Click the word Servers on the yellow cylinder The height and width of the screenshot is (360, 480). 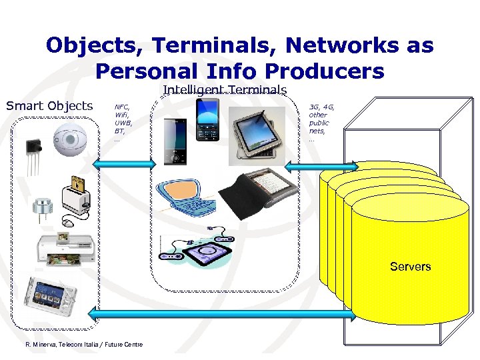click(x=410, y=267)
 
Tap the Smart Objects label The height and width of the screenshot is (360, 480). click(x=49, y=106)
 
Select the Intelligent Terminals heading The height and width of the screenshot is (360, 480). click(x=225, y=90)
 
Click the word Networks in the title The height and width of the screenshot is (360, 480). click(x=341, y=46)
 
